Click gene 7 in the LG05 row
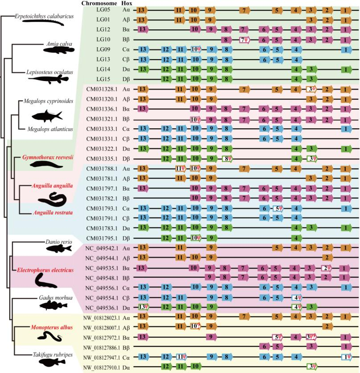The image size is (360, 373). pos(244,9)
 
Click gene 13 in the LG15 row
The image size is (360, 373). pos(143,79)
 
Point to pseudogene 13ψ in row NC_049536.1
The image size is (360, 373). pos(143,307)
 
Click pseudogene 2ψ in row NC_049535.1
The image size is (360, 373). pos(327,268)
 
